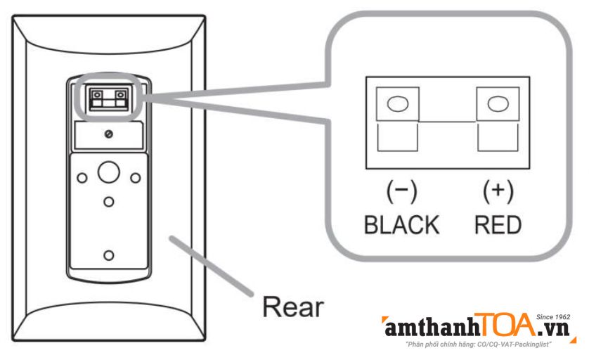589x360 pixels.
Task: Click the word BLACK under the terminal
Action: click(401, 225)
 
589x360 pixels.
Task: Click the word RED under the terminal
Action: click(498, 225)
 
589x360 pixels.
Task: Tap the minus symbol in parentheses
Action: click(401, 192)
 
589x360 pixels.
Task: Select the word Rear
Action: click(293, 307)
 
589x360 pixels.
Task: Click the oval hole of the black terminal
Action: click(398, 104)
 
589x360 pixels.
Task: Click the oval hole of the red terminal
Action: click(498, 104)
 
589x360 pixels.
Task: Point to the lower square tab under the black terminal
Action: click(397, 137)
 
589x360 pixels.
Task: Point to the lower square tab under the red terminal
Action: click(498, 137)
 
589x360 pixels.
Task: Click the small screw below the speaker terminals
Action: click(109, 134)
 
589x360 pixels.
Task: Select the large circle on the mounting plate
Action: click(109, 172)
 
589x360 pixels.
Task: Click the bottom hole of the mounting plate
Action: click(109, 255)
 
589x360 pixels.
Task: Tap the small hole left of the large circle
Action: click(82, 178)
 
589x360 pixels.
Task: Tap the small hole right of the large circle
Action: click(136, 178)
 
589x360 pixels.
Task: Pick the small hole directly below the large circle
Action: click(109, 202)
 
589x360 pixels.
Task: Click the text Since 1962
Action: click(553, 317)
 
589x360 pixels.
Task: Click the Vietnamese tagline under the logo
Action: click(479, 345)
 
